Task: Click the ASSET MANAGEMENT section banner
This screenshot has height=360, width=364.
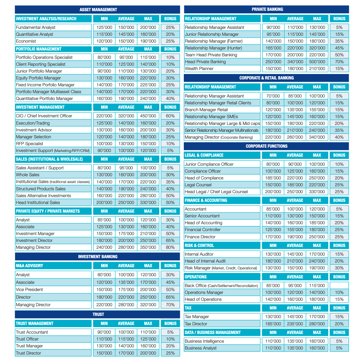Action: [x=97, y=9]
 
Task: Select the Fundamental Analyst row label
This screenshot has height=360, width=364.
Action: [x=35, y=27]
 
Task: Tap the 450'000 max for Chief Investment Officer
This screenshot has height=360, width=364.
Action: [x=148, y=116]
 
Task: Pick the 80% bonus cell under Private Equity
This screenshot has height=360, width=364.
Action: [x=170, y=247]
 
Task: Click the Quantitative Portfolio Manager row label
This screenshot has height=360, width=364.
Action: [x=44, y=99]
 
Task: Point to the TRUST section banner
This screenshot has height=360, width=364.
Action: [x=97, y=314]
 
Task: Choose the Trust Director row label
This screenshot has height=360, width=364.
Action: [x=28, y=353]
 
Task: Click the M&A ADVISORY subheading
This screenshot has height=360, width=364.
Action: [x=30, y=266]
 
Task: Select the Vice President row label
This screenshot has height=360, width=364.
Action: [x=29, y=290]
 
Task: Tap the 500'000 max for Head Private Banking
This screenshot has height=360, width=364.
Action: [x=317, y=62]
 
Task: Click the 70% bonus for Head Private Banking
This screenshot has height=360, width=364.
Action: [x=339, y=62]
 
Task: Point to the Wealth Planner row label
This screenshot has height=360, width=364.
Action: [x=199, y=69]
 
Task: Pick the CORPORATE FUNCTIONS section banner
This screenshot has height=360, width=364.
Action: [x=266, y=146]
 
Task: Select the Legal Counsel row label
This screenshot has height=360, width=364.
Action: [x=198, y=185]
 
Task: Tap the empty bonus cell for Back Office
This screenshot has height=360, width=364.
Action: [x=339, y=286]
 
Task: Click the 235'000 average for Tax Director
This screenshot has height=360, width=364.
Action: [x=295, y=324]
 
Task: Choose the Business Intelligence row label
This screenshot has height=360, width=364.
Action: [x=204, y=341]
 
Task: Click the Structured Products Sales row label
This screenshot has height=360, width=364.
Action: [x=40, y=189]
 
